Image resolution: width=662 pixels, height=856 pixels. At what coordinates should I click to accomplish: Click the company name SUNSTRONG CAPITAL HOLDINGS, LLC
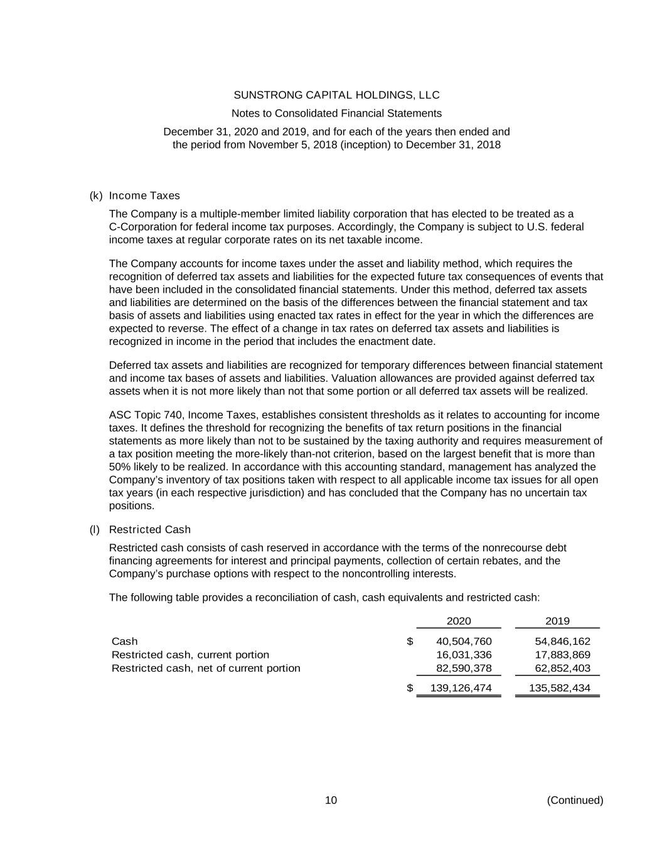336,95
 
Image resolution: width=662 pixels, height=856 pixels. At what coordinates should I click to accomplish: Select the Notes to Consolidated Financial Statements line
336,114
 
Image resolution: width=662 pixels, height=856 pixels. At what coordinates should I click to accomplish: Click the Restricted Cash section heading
150,530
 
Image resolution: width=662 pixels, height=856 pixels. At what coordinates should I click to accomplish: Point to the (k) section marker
96,196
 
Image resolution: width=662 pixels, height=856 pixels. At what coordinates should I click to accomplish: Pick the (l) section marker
95,530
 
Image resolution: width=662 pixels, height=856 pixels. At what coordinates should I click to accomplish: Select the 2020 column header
459,621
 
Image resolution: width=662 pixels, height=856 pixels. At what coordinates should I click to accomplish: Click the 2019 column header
557,621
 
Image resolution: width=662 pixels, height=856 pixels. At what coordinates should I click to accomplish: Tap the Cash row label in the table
124,642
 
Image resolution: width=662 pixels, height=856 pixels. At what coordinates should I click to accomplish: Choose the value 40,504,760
464,642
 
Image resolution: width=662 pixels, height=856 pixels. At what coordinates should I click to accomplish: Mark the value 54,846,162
562,642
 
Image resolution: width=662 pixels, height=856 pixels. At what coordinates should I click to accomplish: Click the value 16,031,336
464,655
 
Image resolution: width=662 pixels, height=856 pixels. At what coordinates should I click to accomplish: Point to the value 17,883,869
562,655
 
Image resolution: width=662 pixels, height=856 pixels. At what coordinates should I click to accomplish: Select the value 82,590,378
464,668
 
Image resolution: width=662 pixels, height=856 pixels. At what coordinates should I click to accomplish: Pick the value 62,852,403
562,668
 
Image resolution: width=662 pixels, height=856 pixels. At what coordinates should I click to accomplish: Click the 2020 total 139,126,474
461,688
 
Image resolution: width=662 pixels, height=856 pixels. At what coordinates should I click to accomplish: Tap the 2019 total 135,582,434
560,688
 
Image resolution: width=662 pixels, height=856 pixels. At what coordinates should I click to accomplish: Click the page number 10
331,800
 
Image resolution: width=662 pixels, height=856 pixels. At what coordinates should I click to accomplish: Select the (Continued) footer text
575,800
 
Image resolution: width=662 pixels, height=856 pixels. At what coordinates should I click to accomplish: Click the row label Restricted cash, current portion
190,655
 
